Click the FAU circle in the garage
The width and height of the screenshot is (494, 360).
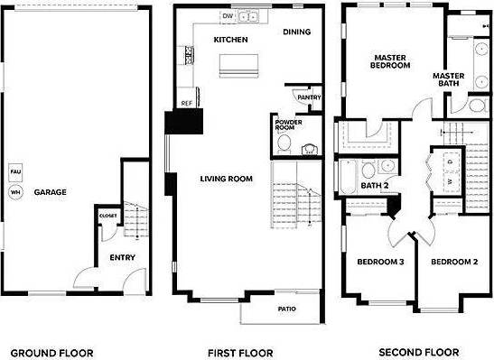click(x=14, y=171)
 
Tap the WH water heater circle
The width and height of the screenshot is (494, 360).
click(x=14, y=192)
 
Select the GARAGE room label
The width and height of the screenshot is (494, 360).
click(x=50, y=192)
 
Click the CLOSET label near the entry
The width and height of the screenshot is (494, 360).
click(x=107, y=217)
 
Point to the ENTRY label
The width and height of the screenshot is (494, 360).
click(x=123, y=257)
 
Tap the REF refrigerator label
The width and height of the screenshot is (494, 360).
click(x=187, y=104)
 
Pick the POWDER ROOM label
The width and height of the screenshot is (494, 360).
click(x=288, y=125)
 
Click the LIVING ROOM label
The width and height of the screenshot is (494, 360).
click(x=226, y=179)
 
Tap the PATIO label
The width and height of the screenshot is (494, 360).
click(x=287, y=309)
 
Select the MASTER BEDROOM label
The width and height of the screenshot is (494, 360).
click(x=390, y=61)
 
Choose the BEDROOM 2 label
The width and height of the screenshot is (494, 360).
click(x=453, y=262)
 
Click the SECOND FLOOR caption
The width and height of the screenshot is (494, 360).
click(x=418, y=352)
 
